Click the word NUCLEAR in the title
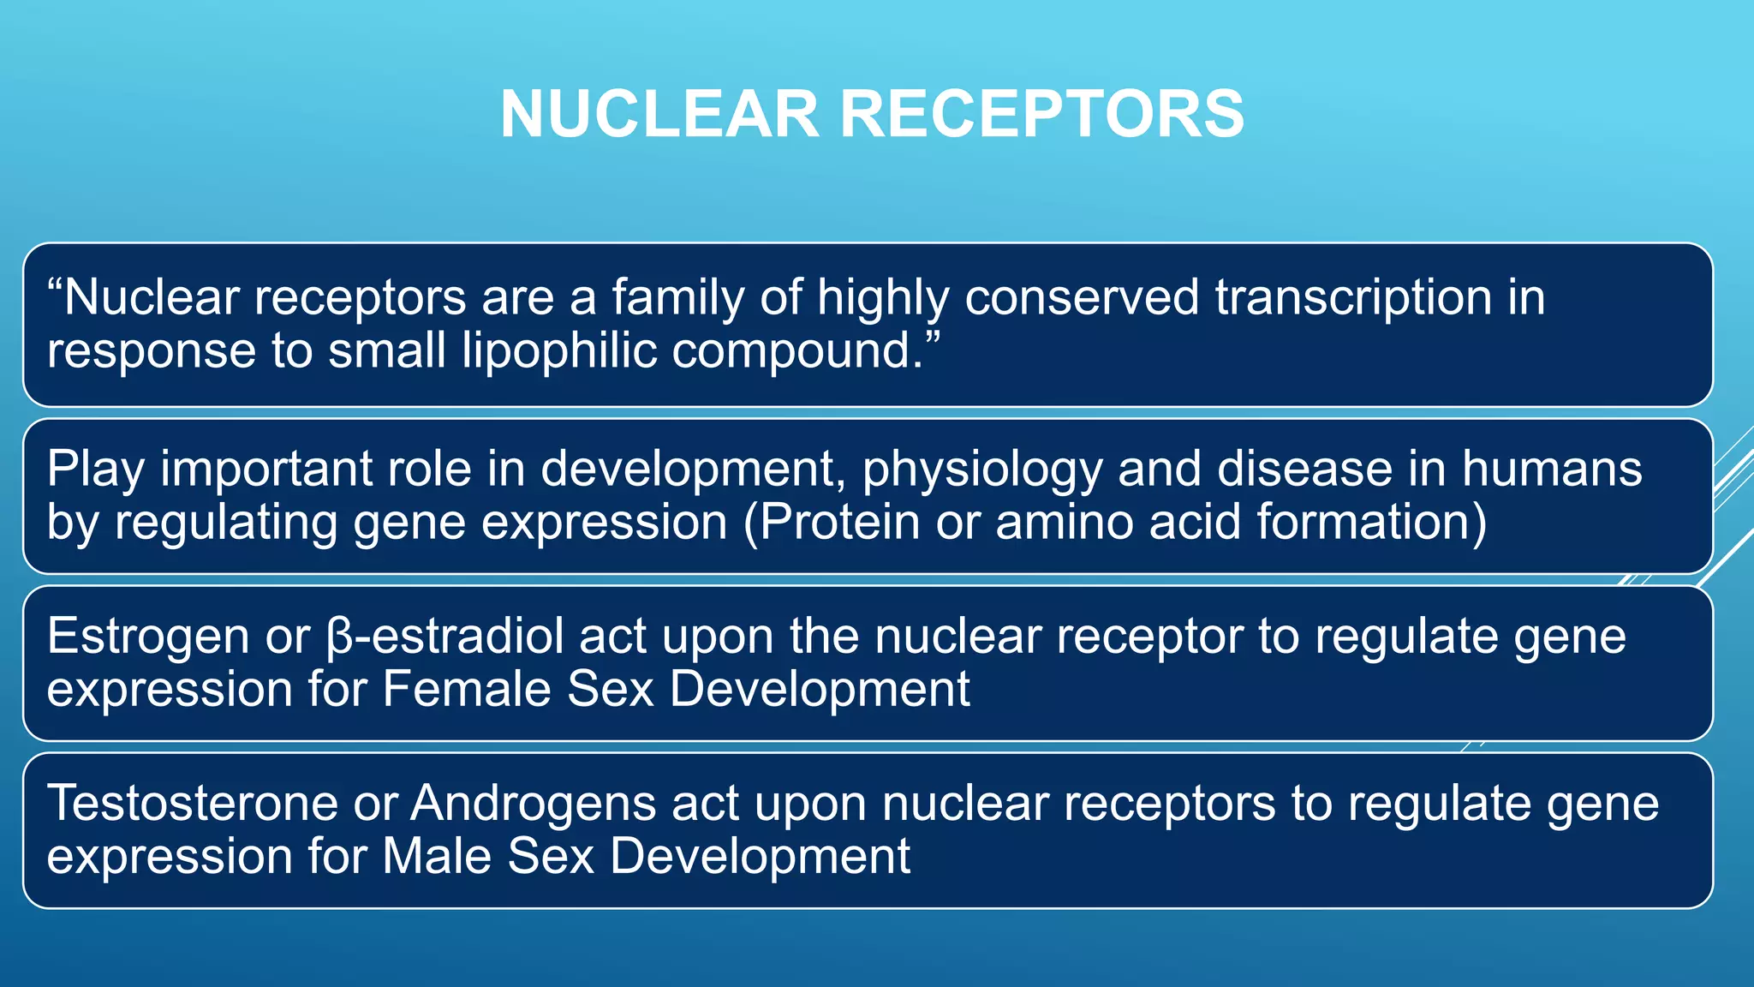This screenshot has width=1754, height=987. pyautogui.click(x=659, y=114)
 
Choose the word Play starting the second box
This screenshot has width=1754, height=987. pyautogui.click(x=95, y=470)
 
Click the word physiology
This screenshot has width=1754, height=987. pyautogui.click(x=981, y=470)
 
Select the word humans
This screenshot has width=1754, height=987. pyautogui.click(x=1551, y=470)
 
